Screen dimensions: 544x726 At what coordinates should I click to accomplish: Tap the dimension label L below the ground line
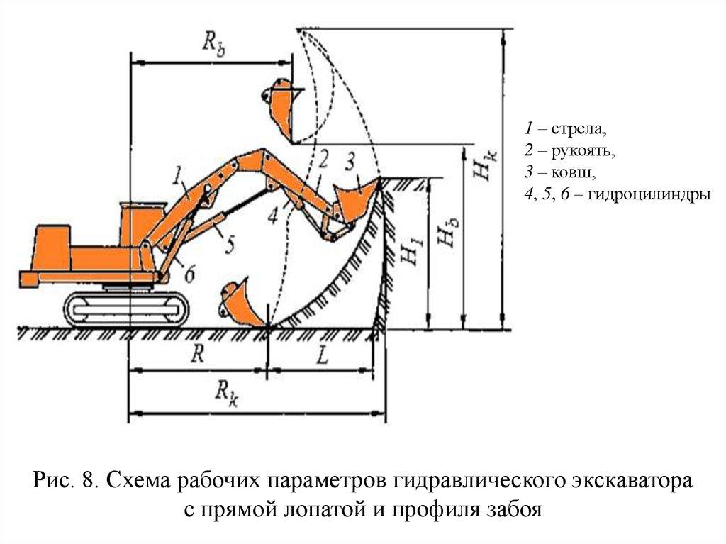322,356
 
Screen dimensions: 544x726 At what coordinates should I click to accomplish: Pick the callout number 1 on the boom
177,172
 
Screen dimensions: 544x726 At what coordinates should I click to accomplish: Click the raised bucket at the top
280,106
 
